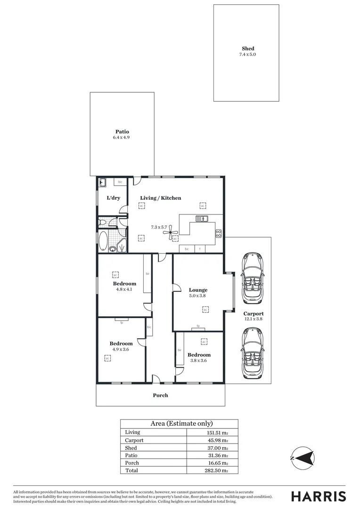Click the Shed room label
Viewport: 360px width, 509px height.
(x=248, y=49)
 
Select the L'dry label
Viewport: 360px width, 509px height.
(x=113, y=198)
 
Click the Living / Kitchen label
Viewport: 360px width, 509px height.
(x=160, y=198)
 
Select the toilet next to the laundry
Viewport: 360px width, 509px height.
(x=103, y=222)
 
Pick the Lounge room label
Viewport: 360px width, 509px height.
(x=198, y=290)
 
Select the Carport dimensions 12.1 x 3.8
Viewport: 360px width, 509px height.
(x=253, y=319)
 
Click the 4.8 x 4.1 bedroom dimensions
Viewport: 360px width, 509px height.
(x=124, y=289)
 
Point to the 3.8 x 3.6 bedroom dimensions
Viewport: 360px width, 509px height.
(x=198, y=361)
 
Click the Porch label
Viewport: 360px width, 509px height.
(x=160, y=395)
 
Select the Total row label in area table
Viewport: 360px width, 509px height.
(x=132, y=470)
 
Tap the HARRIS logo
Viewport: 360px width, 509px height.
(x=318, y=496)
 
